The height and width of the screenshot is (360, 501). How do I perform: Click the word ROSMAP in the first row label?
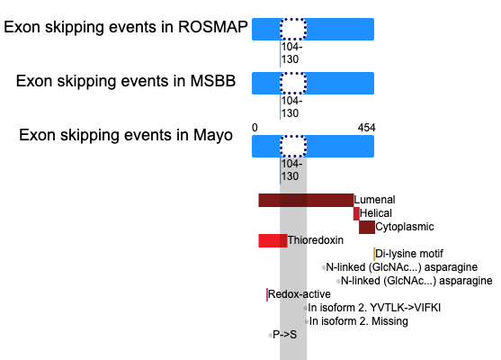coord(213,27)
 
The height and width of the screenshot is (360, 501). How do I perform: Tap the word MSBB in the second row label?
coord(213,81)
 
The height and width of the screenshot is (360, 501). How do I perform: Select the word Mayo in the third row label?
coord(213,135)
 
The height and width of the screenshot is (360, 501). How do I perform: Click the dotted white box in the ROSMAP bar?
coord(293,29)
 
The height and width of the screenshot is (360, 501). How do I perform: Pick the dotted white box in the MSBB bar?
coord(293,83)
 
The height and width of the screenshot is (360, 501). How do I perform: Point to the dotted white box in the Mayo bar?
coord(293,146)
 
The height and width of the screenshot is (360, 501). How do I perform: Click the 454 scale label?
coord(366,128)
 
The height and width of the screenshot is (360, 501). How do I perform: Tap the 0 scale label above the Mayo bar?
coord(255,128)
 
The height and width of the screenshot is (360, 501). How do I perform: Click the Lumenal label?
coord(374,200)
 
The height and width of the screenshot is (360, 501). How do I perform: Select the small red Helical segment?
coord(356,213)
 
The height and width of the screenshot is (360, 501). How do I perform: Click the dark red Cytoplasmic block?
coord(367,227)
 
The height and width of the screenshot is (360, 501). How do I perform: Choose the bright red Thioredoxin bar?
coord(273,240)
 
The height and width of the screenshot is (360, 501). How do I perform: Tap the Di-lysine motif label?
coord(409,254)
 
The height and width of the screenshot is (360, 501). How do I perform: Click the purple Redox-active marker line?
coord(267,294)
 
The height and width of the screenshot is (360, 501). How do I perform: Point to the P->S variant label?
coord(285,335)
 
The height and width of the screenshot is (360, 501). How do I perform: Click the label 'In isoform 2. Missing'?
coord(359,321)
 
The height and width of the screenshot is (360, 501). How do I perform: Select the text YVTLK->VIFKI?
coord(405,308)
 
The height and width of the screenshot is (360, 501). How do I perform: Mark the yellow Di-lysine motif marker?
coord(374,254)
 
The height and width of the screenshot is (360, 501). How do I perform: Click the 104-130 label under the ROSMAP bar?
coord(291,53)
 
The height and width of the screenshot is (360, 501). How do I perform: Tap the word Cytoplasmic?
coord(405,227)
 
